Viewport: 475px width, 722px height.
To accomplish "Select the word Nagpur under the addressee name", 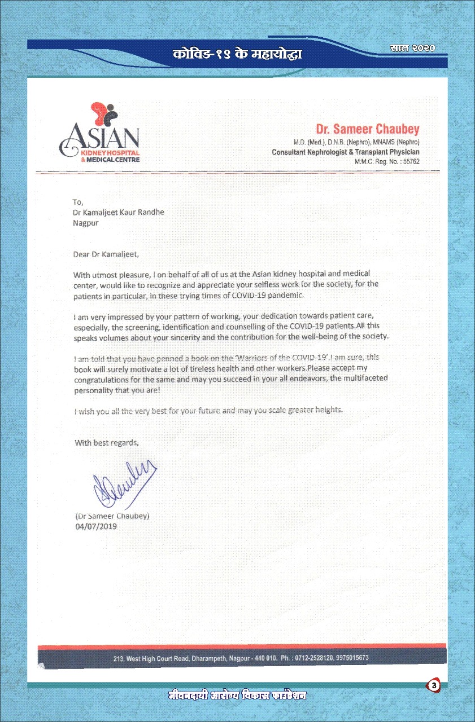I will click(x=86, y=223).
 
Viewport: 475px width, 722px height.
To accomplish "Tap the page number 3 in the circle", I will click(x=433, y=686).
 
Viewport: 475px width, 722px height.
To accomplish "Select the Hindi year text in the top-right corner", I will click(x=412, y=48).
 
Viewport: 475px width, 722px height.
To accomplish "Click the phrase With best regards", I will click(x=107, y=443).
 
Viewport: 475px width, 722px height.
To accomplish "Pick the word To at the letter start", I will click(x=78, y=202).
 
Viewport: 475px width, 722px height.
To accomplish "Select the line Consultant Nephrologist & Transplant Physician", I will click(x=346, y=152).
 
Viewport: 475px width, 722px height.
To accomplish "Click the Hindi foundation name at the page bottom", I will click(x=237, y=695).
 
